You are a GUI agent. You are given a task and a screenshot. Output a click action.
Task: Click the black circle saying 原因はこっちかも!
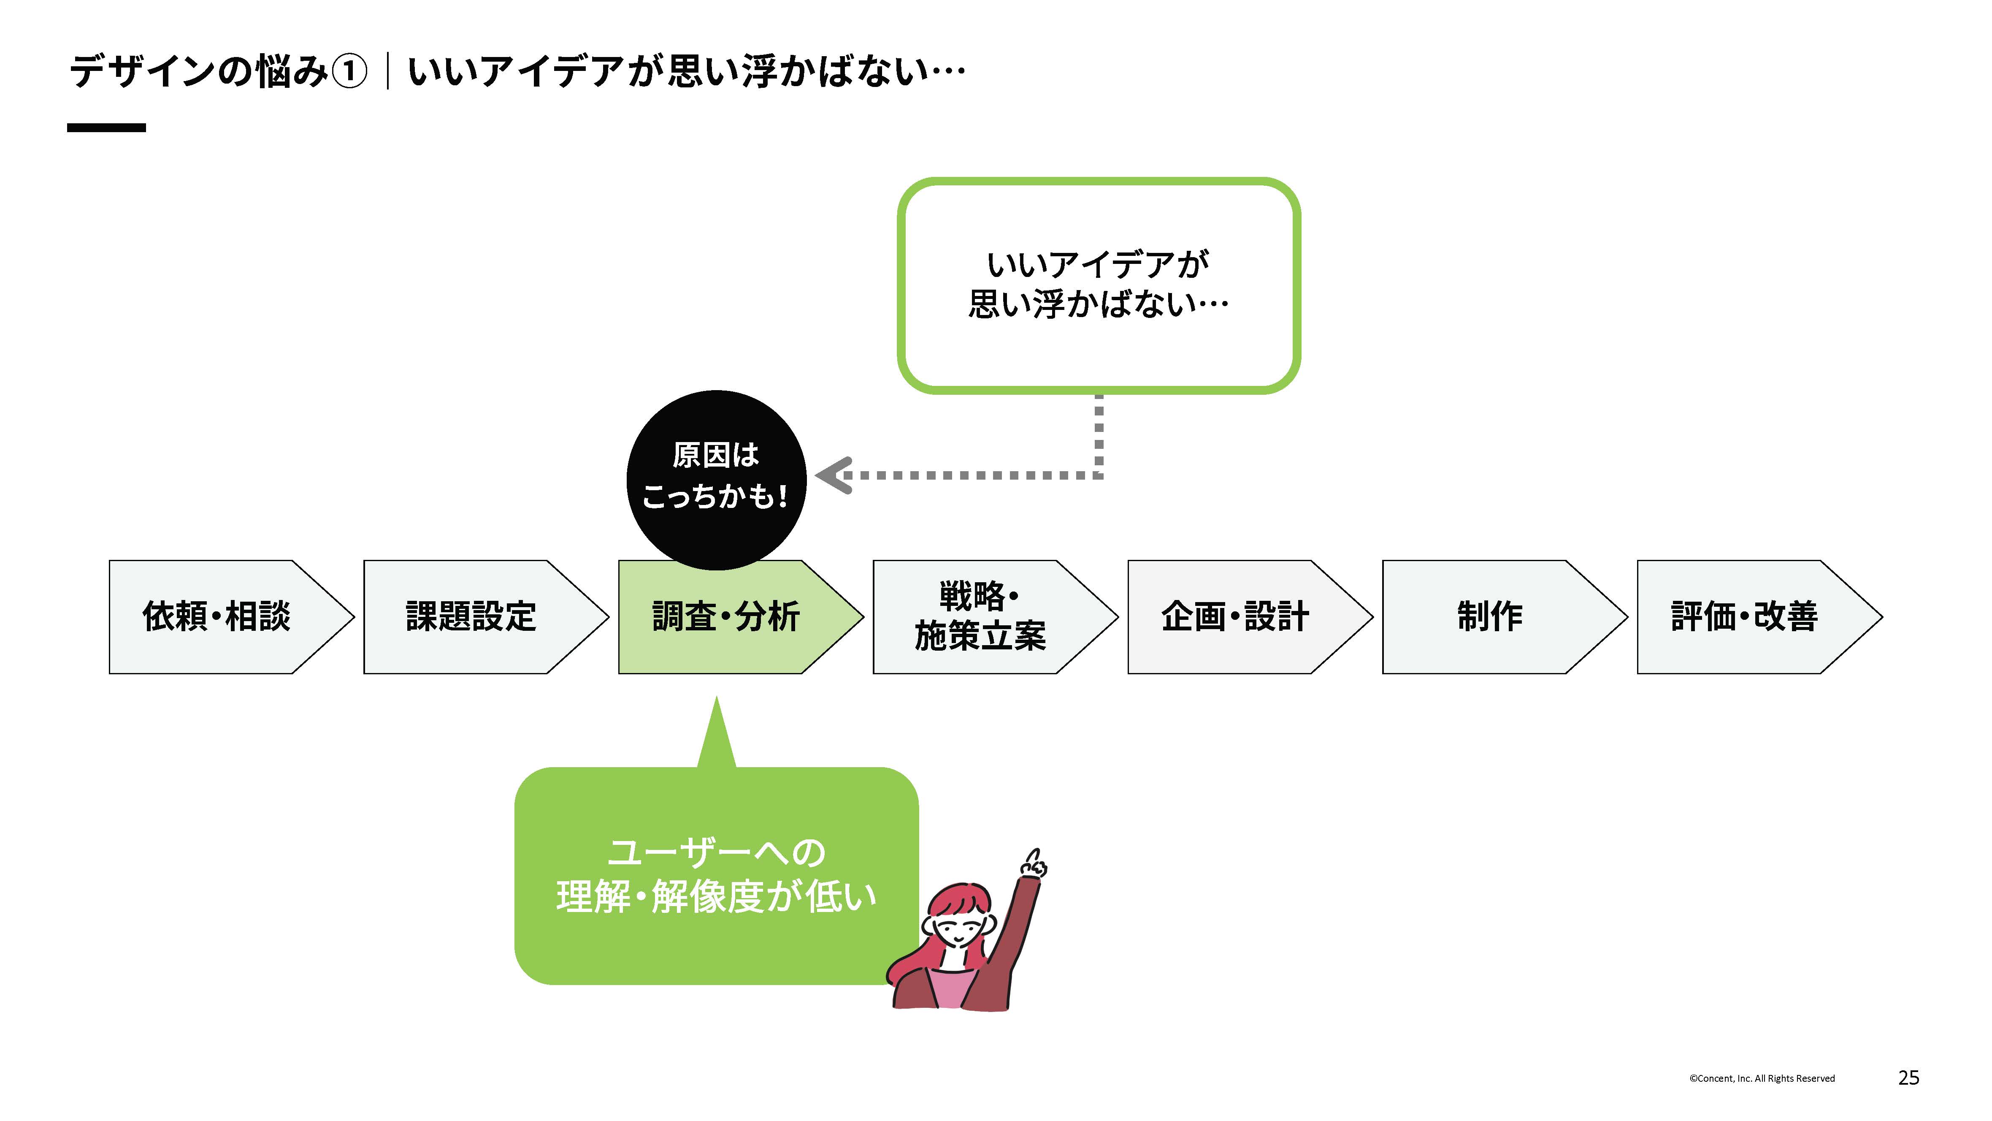[716, 480]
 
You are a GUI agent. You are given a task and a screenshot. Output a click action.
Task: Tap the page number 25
[1908, 1078]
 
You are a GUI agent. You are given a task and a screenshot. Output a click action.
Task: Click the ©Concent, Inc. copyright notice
[1762, 1078]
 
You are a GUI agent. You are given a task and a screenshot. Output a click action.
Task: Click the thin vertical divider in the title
[387, 72]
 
